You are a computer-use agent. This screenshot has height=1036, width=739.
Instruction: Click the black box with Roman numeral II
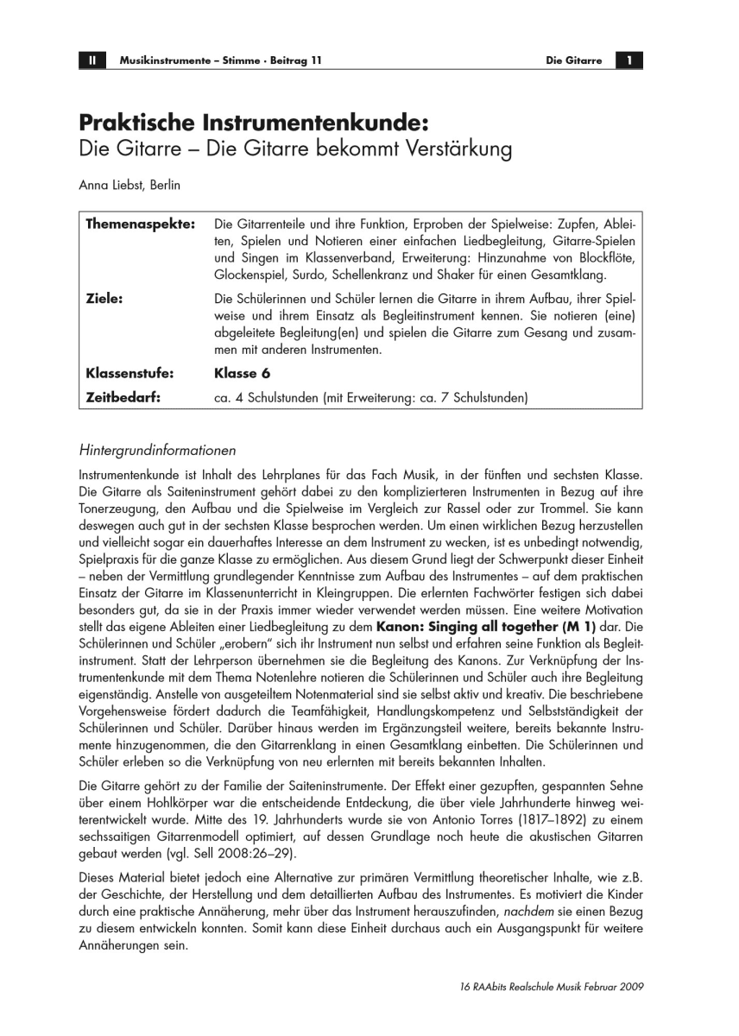coord(92,60)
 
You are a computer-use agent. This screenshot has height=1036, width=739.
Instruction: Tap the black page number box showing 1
coord(630,60)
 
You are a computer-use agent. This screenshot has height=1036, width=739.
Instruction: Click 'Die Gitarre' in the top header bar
coord(574,60)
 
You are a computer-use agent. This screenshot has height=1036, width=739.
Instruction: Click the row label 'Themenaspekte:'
coord(140,224)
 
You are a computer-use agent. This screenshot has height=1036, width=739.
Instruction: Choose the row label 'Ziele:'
coord(105,298)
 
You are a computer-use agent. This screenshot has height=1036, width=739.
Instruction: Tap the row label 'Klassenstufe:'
coord(130,374)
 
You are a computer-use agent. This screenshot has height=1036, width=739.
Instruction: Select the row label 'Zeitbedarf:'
coord(123,398)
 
